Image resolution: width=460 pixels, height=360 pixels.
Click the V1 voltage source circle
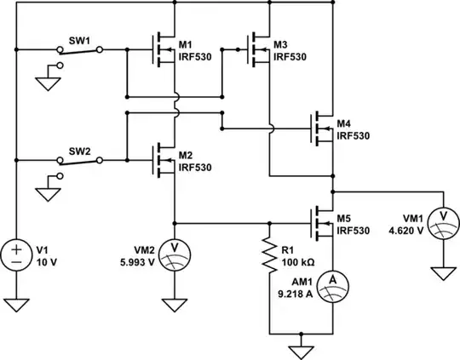pyautogui.click(x=17, y=254)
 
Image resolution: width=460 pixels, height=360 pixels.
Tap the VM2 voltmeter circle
pyautogui.click(x=175, y=248)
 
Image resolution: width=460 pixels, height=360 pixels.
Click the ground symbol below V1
pyautogui.click(x=17, y=305)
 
